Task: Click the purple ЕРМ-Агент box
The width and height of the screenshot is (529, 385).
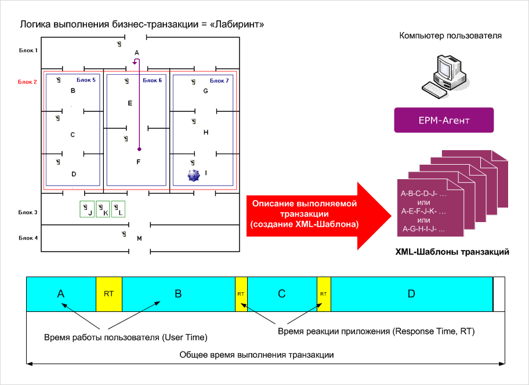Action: pos(444,121)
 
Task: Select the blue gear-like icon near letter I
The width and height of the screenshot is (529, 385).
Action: pos(193,175)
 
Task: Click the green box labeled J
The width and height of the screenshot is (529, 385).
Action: pos(87,209)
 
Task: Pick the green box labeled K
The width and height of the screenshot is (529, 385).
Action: pos(103,209)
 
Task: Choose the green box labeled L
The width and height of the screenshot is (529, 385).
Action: pos(118,209)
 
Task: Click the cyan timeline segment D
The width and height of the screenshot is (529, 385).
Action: pos(411,294)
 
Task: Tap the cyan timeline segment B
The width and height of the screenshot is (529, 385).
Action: pos(178,294)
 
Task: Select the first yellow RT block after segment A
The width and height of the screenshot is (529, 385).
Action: pos(108,294)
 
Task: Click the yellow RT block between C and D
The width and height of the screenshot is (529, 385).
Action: pos(324,294)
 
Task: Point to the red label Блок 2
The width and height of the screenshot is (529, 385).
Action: pos(28,82)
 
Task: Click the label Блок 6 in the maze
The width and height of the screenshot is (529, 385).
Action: pos(152,80)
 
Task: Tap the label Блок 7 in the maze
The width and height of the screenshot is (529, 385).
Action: pos(219,80)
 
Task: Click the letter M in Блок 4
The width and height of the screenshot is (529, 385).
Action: pos(139,238)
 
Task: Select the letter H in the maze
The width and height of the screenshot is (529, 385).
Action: pos(206,132)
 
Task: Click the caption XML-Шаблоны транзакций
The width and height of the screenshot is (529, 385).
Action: pos(452,252)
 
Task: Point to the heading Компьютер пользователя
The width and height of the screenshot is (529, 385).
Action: pos(451,36)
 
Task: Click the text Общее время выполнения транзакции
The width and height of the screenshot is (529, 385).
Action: pos(257,354)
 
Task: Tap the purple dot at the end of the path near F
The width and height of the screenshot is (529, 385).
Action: pos(139,150)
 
